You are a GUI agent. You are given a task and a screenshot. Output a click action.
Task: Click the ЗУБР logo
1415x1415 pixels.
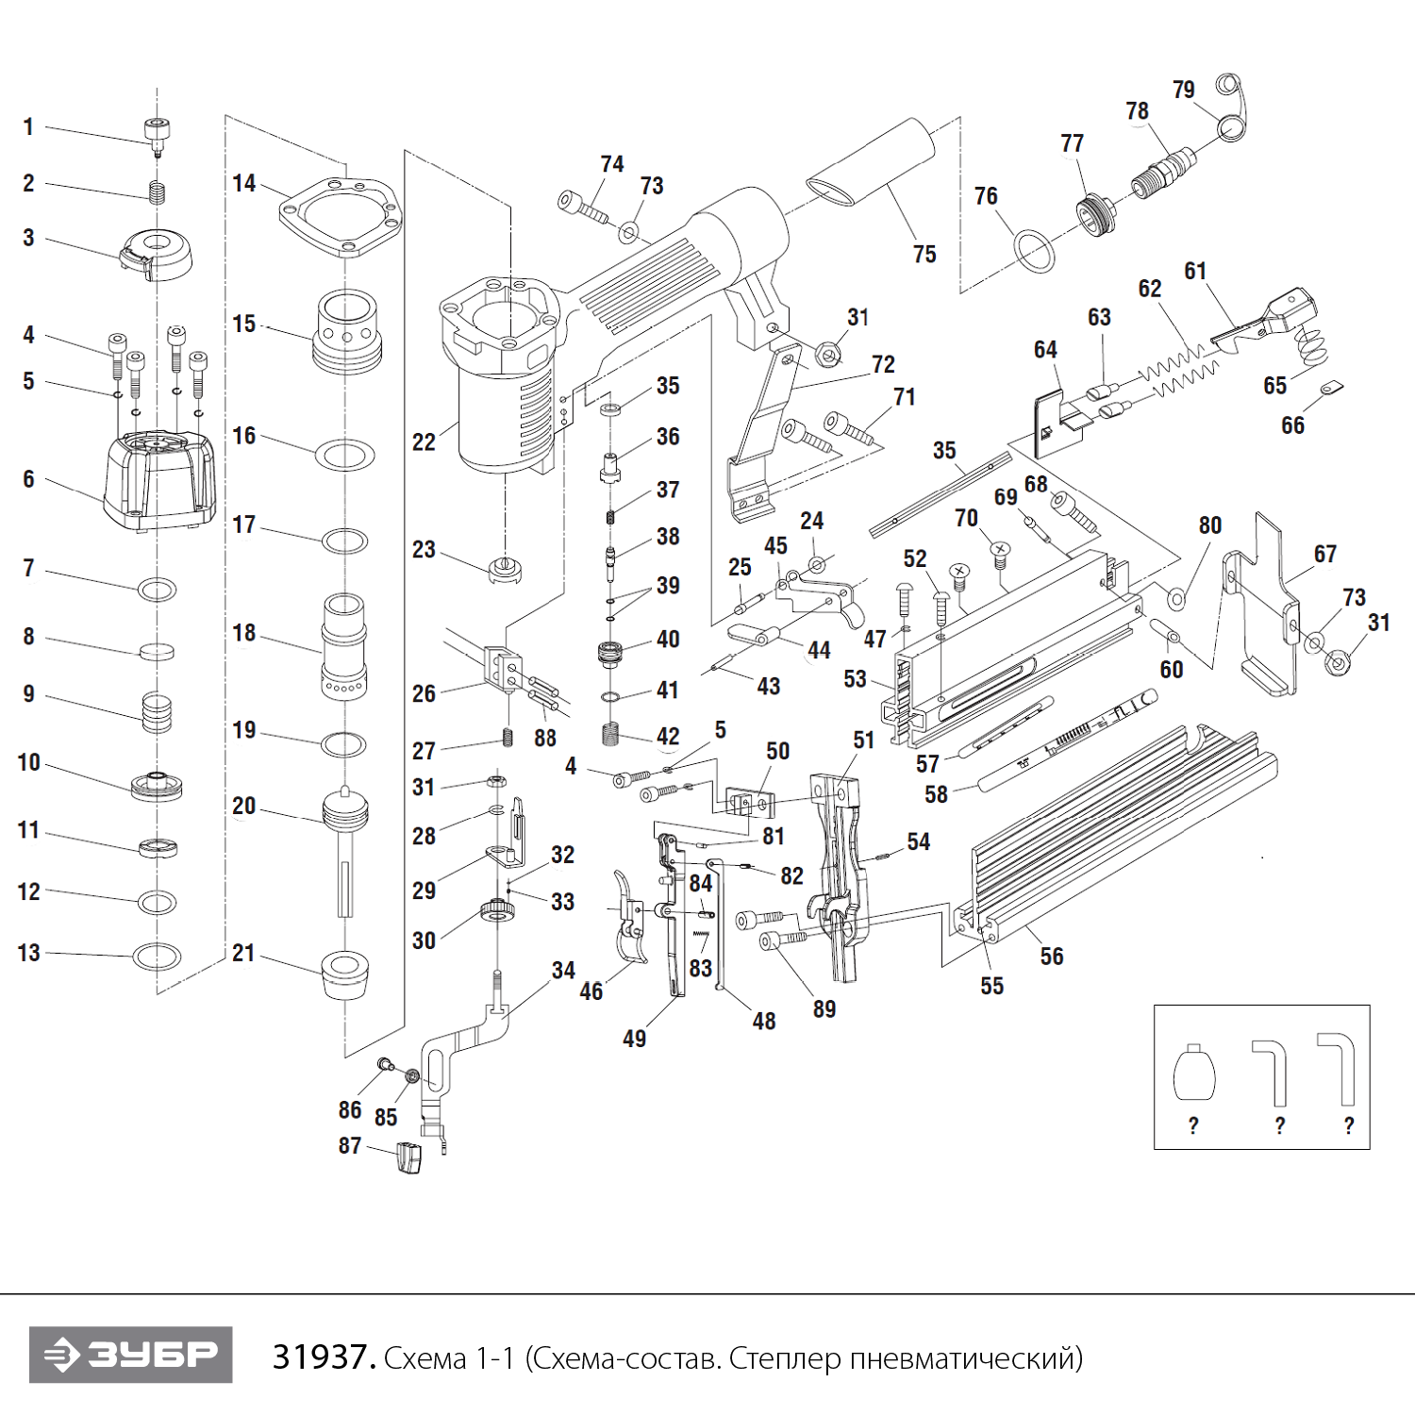tap(131, 1355)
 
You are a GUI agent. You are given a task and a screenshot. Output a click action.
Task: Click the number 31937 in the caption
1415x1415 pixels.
tap(323, 1357)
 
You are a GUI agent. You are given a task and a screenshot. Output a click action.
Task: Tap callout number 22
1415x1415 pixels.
tap(424, 441)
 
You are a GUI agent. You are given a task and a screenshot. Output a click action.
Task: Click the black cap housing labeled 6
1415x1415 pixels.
tap(161, 481)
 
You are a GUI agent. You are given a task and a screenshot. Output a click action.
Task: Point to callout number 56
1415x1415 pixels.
tap(1051, 957)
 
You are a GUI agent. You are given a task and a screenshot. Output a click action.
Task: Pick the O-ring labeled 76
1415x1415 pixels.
tap(1034, 249)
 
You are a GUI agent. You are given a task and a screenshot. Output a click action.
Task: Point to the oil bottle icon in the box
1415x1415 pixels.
tap(1193, 1074)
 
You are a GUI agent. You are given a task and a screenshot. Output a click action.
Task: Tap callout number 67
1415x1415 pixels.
tap(1324, 555)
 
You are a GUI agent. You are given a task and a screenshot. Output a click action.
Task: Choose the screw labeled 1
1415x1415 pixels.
tap(157, 132)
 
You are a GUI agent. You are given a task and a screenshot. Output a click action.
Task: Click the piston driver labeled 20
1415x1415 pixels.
tap(344, 830)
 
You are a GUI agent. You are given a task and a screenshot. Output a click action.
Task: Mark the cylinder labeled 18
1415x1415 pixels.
tap(344, 645)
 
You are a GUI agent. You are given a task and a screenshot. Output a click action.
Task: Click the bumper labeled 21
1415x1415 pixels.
tap(344, 974)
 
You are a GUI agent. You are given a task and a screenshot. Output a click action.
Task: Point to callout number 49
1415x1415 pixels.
tap(634, 1039)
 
